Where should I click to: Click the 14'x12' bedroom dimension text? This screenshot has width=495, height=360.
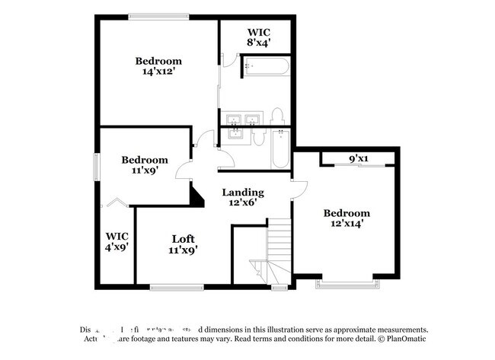tap(158, 72)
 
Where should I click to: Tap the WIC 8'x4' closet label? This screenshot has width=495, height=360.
tap(257, 38)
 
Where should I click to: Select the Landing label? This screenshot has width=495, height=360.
tap(242, 193)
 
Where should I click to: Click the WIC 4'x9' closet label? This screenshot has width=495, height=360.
tap(117, 241)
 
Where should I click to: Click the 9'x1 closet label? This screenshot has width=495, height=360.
tap(358, 159)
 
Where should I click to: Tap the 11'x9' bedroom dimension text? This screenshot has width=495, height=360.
tap(145, 171)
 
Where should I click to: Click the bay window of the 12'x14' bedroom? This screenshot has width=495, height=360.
tap(346, 284)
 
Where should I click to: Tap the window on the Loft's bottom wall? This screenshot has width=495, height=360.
tap(176, 287)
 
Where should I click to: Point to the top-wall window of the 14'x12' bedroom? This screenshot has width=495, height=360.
tap(159, 16)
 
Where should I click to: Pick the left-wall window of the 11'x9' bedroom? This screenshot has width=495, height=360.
tap(96, 167)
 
